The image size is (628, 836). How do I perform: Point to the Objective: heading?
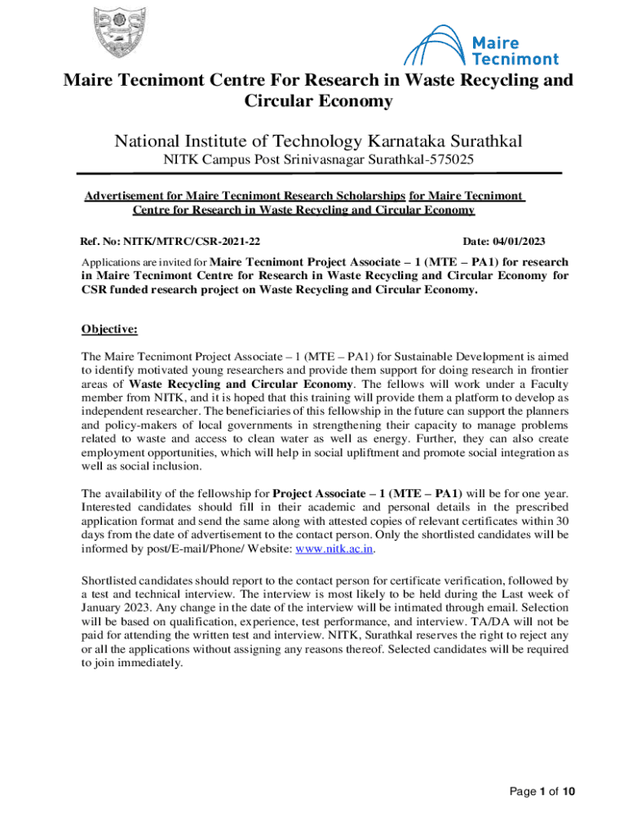click(x=109, y=329)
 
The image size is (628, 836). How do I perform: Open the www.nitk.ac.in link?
click(x=334, y=549)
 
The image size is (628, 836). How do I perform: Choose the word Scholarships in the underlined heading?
click(x=365, y=196)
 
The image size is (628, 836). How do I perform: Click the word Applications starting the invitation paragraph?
click(x=113, y=263)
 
